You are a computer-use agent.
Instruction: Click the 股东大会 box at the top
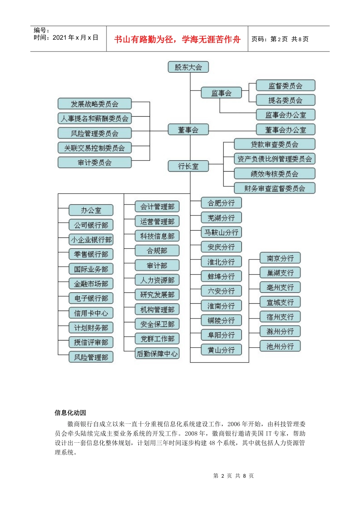click(188, 67)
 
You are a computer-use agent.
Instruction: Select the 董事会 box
click(188, 130)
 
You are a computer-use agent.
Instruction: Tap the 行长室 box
click(188, 166)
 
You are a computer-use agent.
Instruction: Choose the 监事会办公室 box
click(285, 115)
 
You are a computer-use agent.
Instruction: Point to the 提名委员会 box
click(285, 100)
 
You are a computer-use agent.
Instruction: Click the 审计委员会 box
click(94, 163)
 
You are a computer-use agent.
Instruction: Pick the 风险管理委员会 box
click(94, 133)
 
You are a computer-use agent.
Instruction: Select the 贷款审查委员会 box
click(274, 144)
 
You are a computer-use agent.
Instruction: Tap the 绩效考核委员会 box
click(274, 174)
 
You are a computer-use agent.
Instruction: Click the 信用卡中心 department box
click(91, 313)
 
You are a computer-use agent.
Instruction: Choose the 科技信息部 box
click(157, 236)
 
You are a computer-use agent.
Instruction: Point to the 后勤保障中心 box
click(157, 354)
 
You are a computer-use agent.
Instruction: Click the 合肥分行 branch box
click(221, 203)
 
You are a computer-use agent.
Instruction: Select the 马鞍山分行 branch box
click(221, 233)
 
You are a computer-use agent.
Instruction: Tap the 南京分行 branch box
click(280, 258)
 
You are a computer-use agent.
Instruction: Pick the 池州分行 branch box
click(280, 346)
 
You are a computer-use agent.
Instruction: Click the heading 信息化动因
click(70, 412)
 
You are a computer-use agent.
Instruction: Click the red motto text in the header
click(177, 39)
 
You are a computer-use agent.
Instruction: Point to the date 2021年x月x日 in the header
click(75, 37)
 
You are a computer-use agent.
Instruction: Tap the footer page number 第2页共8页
click(233, 476)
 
